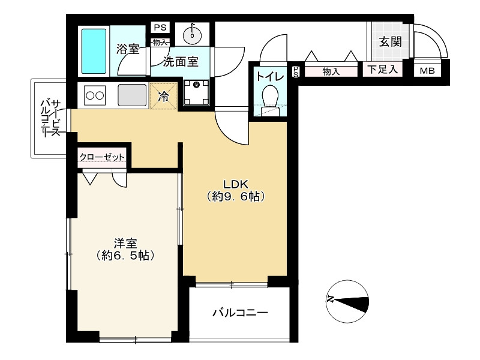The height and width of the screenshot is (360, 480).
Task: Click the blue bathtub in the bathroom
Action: (x=95, y=51)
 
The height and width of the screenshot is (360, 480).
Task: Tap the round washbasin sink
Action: (x=192, y=35)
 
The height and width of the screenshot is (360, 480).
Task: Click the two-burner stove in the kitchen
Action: (x=95, y=95)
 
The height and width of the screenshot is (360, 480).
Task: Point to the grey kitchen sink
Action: (x=132, y=95)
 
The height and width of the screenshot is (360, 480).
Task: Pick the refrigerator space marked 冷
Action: (x=163, y=96)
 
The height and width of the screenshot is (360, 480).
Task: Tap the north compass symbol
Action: (x=347, y=301)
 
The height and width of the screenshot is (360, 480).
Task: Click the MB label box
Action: (x=427, y=71)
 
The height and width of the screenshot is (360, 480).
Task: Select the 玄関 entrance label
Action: (x=391, y=41)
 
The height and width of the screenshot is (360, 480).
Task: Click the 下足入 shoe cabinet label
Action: (x=383, y=69)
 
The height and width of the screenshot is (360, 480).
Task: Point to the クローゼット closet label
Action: (x=102, y=157)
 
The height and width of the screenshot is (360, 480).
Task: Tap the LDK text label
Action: (x=235, y=184)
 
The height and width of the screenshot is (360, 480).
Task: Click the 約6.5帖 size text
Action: (x=125, y=255)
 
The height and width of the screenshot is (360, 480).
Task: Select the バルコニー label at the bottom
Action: (x=241, y=313)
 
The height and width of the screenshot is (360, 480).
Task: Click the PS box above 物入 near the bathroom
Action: (x=160, y=28)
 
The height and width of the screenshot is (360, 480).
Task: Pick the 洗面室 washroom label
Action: (x=181, y=62)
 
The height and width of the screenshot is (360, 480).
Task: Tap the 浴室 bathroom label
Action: (x=128, y=49)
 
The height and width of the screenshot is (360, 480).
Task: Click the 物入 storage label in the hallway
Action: (x=331, y=71)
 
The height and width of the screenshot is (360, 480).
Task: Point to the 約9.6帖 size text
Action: (x=235, y=197)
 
